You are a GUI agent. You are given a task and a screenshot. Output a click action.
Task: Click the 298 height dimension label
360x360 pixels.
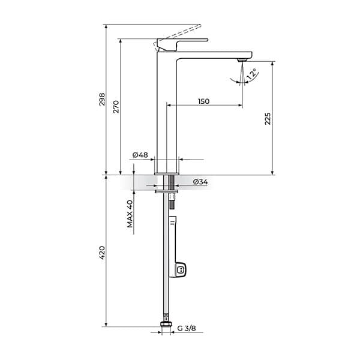click(102, 99)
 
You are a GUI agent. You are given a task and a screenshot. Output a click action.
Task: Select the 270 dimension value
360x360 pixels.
click(116, 106)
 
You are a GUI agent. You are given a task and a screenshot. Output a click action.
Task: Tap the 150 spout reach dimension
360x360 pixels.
click(203, 101)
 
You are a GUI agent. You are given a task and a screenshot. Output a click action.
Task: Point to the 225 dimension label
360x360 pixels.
click(268, 118)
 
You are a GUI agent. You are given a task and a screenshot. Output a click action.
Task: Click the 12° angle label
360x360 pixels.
click(253, 75)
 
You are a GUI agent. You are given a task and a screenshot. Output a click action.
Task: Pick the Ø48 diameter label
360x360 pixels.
click(140, 155)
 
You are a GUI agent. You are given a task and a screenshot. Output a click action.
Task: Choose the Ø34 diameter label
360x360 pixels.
click(201, 182)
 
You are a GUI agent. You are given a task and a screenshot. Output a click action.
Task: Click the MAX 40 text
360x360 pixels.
click(130, 213)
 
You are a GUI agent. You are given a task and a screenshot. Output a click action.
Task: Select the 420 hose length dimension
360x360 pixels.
click(102, 252)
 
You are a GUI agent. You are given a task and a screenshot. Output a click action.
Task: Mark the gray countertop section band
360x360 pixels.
click(144, 182)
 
